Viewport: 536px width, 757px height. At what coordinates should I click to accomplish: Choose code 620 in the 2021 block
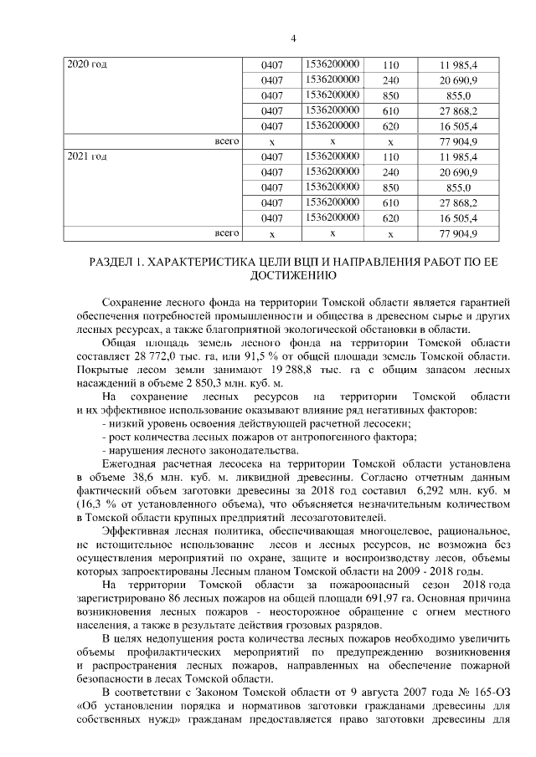coord(390,218)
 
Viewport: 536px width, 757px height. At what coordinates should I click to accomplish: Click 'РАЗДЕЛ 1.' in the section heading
coord(117,263)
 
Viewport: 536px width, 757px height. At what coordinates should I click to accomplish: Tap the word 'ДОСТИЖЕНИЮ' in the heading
coord(293,275)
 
